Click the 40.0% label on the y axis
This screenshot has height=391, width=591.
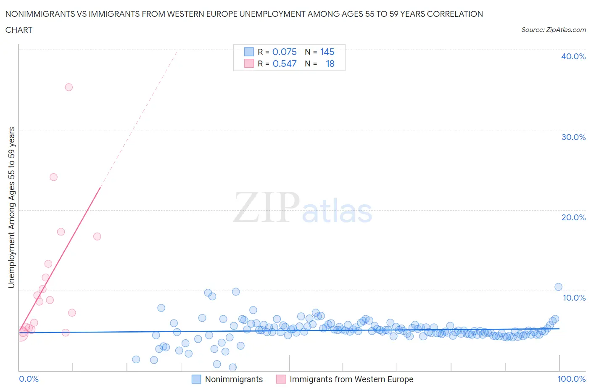pos(573,56)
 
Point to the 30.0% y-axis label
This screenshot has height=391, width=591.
pos(573,137)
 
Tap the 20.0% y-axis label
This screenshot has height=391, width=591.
pos(573,217)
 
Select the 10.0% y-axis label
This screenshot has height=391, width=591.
pos(574,298)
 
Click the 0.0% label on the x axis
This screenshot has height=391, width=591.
pos(29,379)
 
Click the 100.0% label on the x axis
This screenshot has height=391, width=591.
pos(571,379)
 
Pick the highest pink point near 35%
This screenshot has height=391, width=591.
pos(69,87)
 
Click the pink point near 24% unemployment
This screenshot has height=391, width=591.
pos(53,177)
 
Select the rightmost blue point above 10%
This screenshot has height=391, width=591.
pos(558,287)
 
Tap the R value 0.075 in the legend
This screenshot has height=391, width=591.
pos(284,52)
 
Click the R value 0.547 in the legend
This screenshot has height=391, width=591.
pos(284,63)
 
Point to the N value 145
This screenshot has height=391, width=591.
pos(327,52)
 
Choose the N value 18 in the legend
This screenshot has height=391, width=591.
pos(330,63)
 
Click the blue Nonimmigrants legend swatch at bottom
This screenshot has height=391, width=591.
pos(196,379)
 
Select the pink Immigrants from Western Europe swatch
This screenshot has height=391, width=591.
pos(281,379)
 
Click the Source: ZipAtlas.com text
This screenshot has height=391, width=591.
pos(553,30)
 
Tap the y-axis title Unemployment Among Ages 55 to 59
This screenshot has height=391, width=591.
pos(12,208)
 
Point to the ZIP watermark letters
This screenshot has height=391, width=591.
pos(266,207)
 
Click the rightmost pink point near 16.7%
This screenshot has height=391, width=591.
pos(97,236)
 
